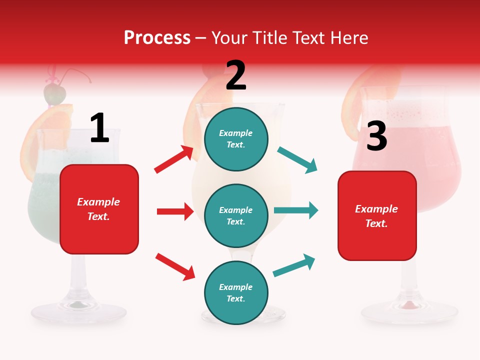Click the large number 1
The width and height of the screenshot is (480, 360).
[99, 128]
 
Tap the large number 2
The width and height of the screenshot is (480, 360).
[236, 75]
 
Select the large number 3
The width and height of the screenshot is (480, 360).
[376, 136]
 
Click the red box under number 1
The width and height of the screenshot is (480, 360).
[99, 209]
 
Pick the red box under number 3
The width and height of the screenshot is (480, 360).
[377, 215]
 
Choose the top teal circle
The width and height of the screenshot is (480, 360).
[236, 138]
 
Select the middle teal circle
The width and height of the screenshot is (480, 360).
[236, 215]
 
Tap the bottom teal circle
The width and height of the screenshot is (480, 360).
[236, 292]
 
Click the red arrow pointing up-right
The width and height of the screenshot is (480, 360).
[174, 159]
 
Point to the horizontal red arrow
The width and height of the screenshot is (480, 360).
[175, 211]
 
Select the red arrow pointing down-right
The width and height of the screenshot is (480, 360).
[175, 266]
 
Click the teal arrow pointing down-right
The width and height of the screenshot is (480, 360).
[297, 160]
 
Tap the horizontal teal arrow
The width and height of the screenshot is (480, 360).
[296, 210]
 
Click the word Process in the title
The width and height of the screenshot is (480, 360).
[157, 37]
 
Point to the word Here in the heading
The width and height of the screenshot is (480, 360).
[348, 37]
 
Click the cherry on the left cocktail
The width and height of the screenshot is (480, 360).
[54, 93]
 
